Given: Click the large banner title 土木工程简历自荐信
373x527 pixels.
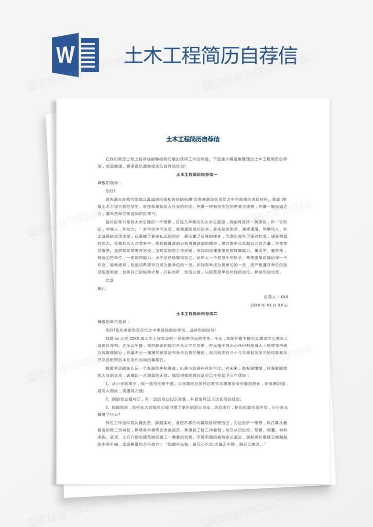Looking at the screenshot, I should [x=210, y=55].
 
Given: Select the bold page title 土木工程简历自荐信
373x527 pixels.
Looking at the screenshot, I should [x=193, y=139].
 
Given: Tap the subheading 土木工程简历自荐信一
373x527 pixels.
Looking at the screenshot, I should [x=197, y=175].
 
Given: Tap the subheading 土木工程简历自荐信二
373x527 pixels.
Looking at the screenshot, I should [x=197, y=314].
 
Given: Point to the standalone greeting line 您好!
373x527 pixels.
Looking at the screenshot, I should [x=110, y=190].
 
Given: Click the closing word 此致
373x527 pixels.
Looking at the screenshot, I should [x=110, y=280].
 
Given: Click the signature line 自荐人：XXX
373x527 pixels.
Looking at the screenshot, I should [x=276, y=296].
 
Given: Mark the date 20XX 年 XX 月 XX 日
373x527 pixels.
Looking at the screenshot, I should [x=269, y=305].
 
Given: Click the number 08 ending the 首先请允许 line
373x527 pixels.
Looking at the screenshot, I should [x=285, y=198].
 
